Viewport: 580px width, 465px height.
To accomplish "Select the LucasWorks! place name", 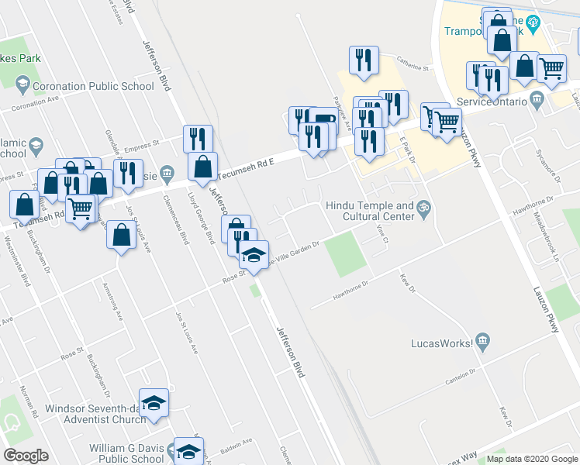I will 441,342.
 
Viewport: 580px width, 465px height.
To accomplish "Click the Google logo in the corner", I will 26,456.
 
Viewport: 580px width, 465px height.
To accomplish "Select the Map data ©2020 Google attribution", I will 532,459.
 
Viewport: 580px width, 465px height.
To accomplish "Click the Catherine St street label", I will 414,70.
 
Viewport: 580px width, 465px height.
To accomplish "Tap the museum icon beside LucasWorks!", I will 482,341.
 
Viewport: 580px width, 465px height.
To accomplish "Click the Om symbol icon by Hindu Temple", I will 424,207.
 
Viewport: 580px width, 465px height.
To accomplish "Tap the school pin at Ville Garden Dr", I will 254,254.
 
